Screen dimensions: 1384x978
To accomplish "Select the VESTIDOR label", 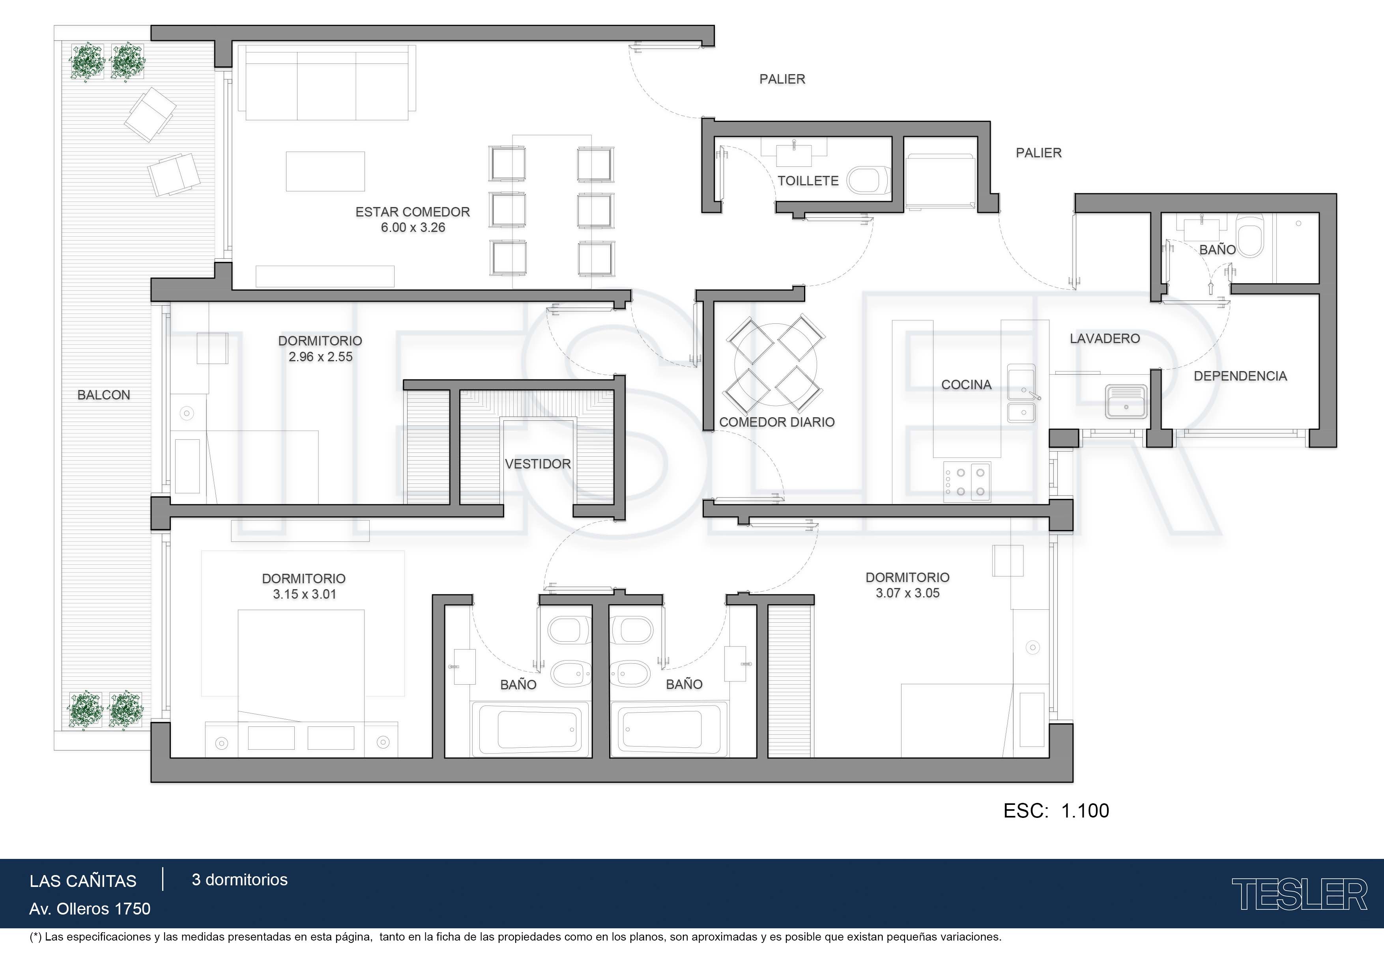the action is tap(538, 464).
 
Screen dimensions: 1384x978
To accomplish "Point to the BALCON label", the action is tap(104, 395).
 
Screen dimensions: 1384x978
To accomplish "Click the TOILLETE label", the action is tap(808, 181).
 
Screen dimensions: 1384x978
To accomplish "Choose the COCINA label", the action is tap(966, 384).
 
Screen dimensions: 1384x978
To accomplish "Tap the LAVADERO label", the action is tap(1105, 339).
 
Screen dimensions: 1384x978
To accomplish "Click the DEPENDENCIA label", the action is tap(1240, 376).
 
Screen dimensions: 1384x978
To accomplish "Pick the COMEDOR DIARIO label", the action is tap(777, 422).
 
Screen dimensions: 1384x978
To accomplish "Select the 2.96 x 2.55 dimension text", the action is tap(321, 357).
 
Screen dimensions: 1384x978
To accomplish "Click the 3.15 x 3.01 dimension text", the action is tap(305, 594).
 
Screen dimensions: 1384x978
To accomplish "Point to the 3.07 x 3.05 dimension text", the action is tap(908, 593).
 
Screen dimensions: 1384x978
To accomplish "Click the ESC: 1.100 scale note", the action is tap(1056, 810).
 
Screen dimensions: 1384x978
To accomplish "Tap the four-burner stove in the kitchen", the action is tap(967, 482).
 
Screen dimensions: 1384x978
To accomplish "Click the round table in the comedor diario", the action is tap(776, 363).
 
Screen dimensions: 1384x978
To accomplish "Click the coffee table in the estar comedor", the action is tap(325, 172).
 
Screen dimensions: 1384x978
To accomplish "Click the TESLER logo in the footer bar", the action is tap(1300, 894).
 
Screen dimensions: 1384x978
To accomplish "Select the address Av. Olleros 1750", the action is tap(90, 909).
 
